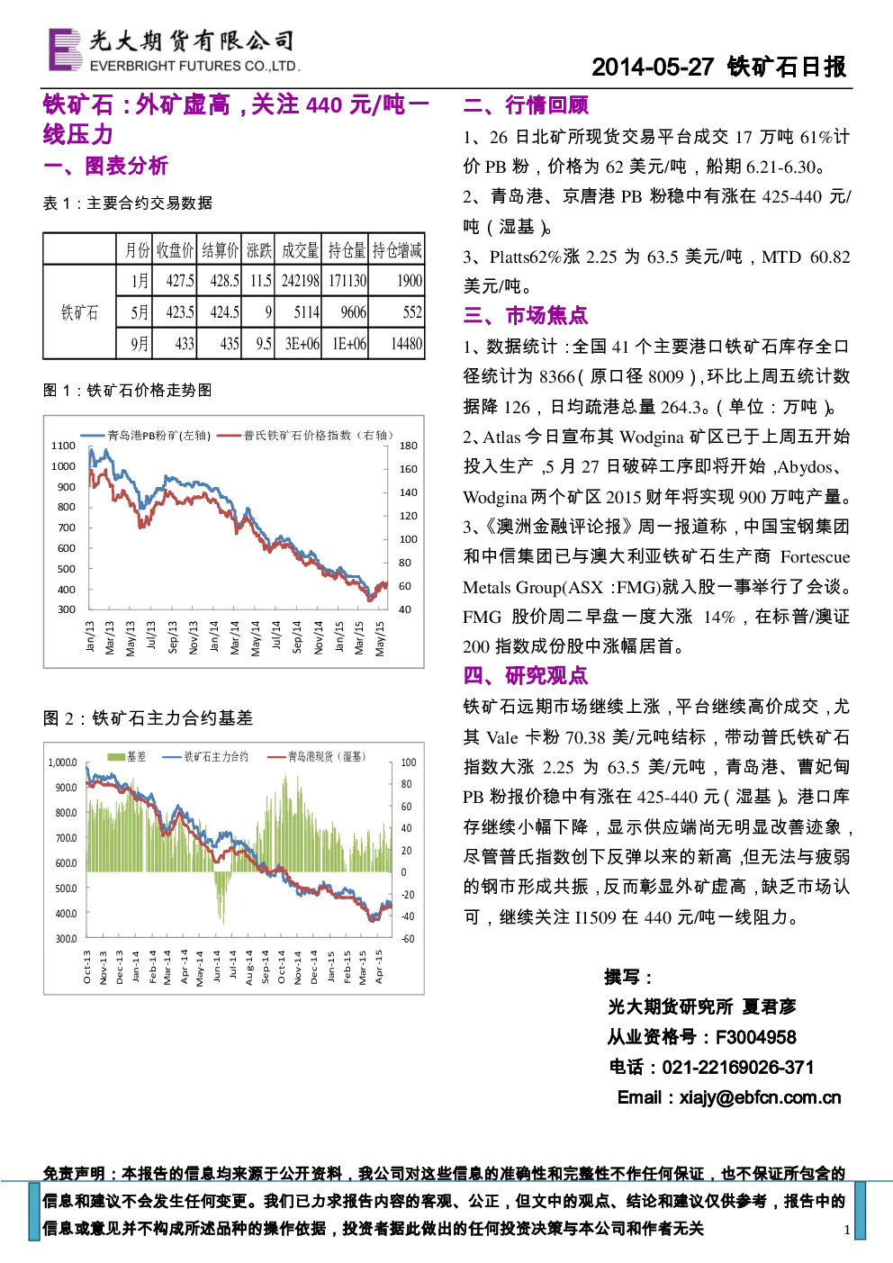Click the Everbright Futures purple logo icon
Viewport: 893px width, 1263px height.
(x=66, y=49)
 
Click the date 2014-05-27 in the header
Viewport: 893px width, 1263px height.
(x=653, y=68)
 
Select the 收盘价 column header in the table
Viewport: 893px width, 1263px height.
(x=175, y=249)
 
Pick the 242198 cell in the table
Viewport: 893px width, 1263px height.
(x=301, y=280)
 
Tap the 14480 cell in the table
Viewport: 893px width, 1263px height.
(x=407, y=343)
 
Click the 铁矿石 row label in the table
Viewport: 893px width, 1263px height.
(x=79, y=311)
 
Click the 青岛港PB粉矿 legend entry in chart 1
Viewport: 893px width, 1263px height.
(x=146, y=436)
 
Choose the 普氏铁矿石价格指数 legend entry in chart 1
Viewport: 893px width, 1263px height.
(x=305, y=436)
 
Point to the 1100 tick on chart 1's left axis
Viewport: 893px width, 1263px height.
(x=63, y=446)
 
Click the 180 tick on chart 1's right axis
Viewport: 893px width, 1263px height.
(x=408, y=446)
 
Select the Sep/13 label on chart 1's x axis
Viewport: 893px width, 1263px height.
(x=173, y=637)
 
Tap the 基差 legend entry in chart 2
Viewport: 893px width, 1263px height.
(x=127, y=756)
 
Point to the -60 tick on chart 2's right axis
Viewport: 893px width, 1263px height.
(x=407, y=939)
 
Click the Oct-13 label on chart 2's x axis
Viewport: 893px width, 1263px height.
(x=86, y=967)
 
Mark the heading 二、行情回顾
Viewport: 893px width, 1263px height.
(x=526, y=104)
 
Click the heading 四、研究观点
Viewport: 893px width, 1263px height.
(x=526, y=675)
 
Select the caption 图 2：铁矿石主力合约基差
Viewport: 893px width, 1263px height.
(x=148, y=717)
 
